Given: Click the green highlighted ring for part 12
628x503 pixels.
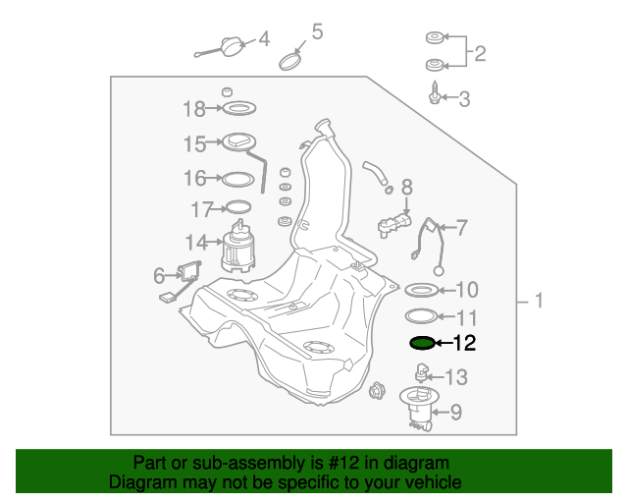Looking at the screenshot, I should click(421, 343).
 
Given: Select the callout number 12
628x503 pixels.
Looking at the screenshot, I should click(464, 343).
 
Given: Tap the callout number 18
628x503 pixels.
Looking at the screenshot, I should click(193, 107).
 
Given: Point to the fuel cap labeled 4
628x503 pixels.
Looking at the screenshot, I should click(232, 45).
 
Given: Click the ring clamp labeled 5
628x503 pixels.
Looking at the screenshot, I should click(291, 61).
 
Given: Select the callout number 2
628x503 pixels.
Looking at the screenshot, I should click(479, 52).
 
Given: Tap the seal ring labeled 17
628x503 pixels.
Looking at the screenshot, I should click(236, 207).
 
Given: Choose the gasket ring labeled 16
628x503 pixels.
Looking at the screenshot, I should click(236, 178).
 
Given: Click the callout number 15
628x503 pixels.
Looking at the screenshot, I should click(193, 143).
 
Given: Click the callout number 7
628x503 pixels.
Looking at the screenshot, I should click(461, 228).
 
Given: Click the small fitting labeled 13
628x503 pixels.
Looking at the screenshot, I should click(423, 374).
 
